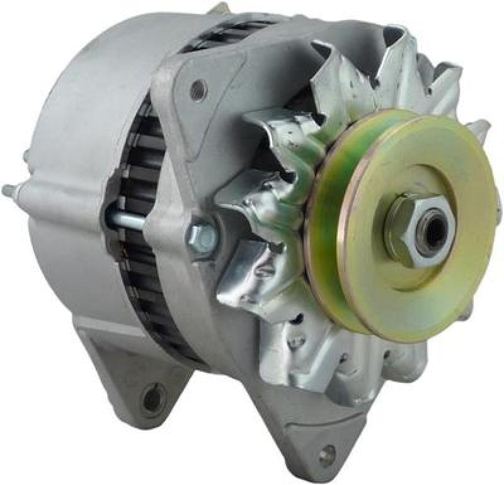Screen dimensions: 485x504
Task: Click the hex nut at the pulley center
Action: pyautogui.click(x=403, y=231)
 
